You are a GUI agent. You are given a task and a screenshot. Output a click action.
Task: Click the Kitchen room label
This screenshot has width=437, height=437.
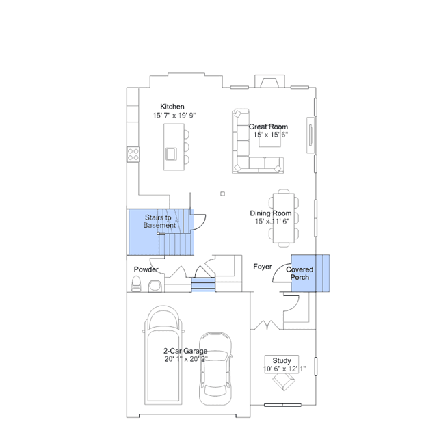click(x=172, y=107)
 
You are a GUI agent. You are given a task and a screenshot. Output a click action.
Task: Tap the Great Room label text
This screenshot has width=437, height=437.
click(x=268, y=127)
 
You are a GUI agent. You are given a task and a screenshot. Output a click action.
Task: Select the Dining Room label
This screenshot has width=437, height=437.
click(x=271, y=213)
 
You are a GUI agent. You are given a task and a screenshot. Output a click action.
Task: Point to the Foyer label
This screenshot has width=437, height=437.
click(x=263, y=267)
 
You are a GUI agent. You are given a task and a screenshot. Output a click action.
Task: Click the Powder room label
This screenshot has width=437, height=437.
click(x=146, y=269)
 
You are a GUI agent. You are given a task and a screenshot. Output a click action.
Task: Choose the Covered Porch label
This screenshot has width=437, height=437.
click(x=300, y=274)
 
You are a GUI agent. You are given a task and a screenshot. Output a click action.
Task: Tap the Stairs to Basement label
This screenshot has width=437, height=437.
click(x=159, y=222)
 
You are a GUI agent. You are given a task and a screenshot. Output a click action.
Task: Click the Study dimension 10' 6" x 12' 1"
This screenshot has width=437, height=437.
click(x=284, y=369)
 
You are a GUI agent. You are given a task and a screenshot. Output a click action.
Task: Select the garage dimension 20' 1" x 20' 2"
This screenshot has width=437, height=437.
click(x=186, y=359)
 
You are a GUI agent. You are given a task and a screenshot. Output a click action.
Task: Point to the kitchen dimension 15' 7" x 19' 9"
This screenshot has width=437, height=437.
click(x=174, y=116)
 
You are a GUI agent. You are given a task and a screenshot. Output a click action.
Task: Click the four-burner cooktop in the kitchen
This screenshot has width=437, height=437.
click(x=133, y=155)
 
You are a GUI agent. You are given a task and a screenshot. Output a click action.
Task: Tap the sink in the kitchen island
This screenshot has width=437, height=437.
click(x=171, y=154)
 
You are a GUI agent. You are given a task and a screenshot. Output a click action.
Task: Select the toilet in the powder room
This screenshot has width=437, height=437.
click(x=136, y=284)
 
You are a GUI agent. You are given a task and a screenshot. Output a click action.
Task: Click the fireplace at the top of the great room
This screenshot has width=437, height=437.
click(x=269, y=81)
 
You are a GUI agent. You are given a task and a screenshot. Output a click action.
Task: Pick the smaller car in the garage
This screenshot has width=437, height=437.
click(x=215, y=369)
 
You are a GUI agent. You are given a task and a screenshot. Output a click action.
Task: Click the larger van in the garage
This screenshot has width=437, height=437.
click(x=163, y=355)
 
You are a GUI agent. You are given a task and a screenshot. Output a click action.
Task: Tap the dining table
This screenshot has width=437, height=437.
click(x=284, y=218)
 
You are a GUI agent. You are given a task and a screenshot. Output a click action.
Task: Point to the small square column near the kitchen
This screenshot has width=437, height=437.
click(x=222, y=194)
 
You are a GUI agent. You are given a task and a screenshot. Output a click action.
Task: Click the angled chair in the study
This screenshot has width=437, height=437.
click(x=283, y=382)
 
